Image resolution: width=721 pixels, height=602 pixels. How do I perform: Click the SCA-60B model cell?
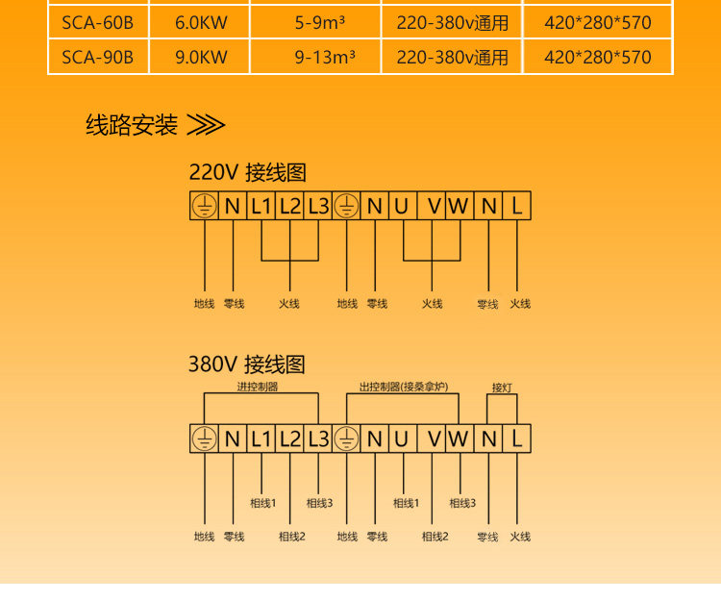pyautogui.click(x=97, y=22)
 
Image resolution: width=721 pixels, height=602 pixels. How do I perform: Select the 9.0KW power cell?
pyautogui.click(x=201, y=57)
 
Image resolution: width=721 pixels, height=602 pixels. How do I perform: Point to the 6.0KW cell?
pyautogui.click(x=201, y=22)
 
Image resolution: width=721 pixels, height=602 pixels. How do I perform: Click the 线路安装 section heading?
pyautogui.click(x=132, y=125)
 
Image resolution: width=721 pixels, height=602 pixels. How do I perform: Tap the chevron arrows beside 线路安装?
pyautogui.click(x=205, y=126)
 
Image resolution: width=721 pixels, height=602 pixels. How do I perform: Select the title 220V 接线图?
pyautogui.click(x=247, y=173)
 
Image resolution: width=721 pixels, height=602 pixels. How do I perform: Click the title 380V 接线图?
pyautogui.click(x=247, y=364)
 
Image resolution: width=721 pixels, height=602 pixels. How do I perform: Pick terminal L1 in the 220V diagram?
pyautogui.click(x=261, y=206)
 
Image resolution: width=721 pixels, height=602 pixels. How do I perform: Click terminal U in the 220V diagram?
pyautogui.click(x=402, y=206)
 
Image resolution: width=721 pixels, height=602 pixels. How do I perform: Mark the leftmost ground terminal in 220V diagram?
pyautogui.click(x=204, y=206)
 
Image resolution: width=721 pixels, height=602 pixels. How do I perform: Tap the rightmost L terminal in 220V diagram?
pyautogui.click(x=517, y=206)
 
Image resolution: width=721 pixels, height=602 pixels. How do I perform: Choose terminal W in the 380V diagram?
pyautogui.click(x=459, y=439)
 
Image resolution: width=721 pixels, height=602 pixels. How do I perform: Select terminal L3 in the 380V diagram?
pyautogui.click(x=318, y=439)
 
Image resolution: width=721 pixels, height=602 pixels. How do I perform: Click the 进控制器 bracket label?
pyautogui.click(x=257, y=387)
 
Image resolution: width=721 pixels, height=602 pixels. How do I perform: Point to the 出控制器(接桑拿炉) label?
pyautogui.click(x=404, y=387)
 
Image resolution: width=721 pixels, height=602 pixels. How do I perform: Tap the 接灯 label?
pyautogui.click(x=502, y=388)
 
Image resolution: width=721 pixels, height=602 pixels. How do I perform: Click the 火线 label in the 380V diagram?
pyautogui.click(x=520, y=537)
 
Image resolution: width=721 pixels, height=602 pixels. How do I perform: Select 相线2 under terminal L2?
pyautogui.click(x=291, y=537)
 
